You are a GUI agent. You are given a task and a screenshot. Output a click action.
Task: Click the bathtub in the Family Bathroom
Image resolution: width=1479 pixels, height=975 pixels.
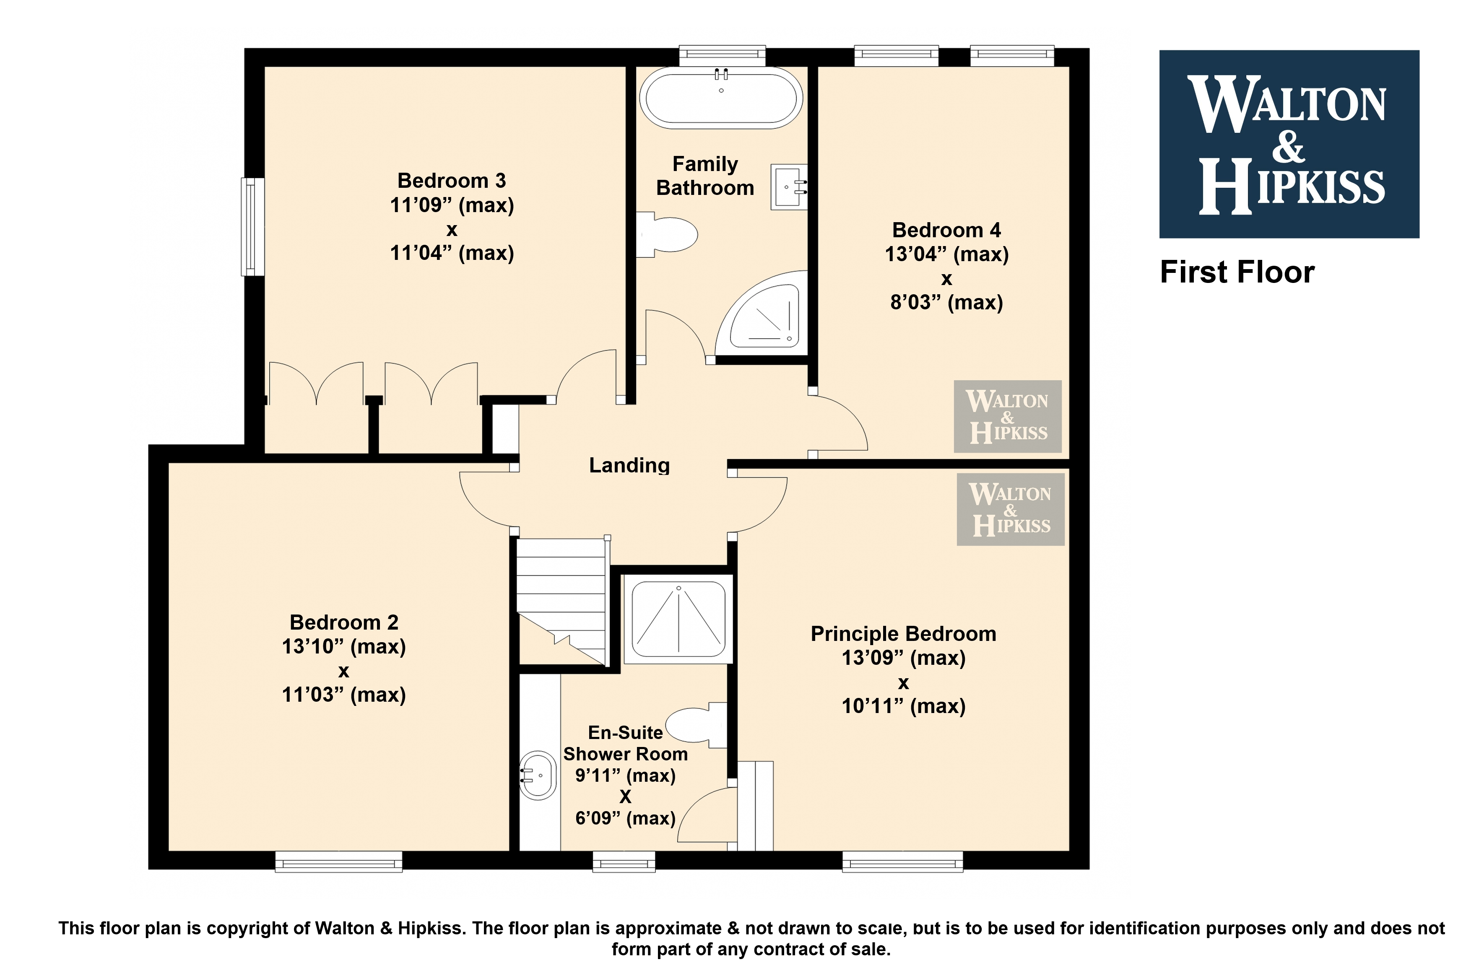click(721, 98)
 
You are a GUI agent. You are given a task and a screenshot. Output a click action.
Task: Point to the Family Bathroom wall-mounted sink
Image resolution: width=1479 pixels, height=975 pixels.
click(789, 187)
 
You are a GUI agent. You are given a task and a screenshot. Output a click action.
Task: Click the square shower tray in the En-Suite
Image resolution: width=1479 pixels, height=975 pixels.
click(678, 619)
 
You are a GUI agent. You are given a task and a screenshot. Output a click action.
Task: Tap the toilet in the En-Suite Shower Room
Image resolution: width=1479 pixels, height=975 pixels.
click(697, 725)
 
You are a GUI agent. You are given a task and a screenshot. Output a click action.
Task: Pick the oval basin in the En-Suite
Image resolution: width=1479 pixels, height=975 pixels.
click(537, 775)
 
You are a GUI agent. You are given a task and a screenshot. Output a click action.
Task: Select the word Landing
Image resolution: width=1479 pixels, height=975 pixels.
click(629, 465)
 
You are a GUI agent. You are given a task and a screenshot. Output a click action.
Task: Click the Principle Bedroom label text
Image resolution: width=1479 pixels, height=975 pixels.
click(903, 634)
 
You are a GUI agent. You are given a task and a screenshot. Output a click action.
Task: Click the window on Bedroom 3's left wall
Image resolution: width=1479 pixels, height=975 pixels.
click(252, 226)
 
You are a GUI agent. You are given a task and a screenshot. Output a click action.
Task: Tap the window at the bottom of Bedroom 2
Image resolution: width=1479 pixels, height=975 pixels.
click(339, 862)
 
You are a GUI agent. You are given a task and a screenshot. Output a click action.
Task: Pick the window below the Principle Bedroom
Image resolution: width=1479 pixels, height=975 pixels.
click(902, 862)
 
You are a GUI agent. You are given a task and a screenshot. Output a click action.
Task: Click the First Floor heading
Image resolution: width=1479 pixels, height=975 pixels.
click(1237, 272)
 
